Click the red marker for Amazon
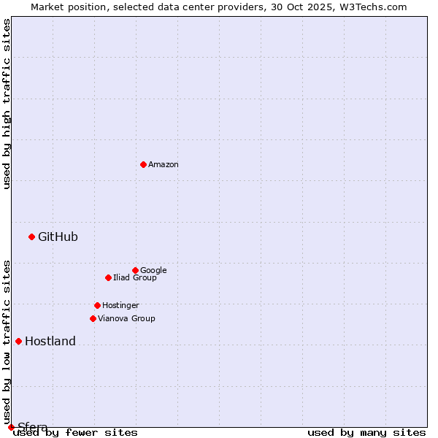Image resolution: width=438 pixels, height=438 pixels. [143, 164]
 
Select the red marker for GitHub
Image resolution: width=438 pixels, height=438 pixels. [31, 237]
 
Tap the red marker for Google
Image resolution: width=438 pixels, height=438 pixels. [135, 270]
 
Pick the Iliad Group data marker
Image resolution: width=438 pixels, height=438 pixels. [108, 277]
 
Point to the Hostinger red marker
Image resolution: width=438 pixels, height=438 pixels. [97, 305]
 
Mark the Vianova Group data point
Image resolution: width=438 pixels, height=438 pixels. [93, 318]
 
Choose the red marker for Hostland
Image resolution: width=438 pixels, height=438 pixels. [18, 341]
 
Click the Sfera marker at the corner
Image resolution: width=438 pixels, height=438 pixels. [11, 427]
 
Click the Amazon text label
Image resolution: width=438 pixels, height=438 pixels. [164, 165]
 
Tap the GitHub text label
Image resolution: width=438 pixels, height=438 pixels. [58, 237]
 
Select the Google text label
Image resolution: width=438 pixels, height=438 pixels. [153, 270]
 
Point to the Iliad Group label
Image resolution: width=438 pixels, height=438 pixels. [135, 277]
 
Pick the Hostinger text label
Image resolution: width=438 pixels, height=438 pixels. [120, 305]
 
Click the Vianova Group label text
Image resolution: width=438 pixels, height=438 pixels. [126, 318]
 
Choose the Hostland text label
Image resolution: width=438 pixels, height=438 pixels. [50, 341]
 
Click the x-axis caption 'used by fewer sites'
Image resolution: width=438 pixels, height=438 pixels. [75, 432]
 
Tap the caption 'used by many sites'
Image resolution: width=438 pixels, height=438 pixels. [366, 432]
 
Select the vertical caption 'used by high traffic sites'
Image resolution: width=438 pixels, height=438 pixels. [7, 104]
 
